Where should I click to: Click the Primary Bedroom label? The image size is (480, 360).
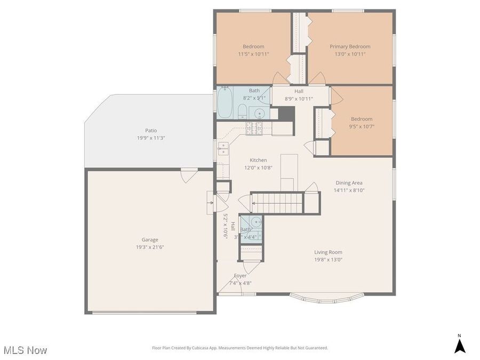(x=349, y=46)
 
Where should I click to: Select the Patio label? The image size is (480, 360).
(x=151, y=130)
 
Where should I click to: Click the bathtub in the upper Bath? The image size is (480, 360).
(x=225, y=103)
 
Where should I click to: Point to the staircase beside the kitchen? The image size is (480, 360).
(x=277, y=203)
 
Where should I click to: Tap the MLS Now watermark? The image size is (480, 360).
(x=25, y=350)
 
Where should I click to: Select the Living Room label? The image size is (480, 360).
(x=328, y=252)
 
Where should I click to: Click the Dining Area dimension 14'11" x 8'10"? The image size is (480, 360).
(x=349, y=190)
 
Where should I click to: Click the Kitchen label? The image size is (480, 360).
(x=258, y=160)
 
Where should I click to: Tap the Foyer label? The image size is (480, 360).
(x=240, y=276)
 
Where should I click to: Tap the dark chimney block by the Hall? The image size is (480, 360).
(x=286, y=114)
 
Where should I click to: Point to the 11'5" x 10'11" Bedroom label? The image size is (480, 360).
(x=253, y=46)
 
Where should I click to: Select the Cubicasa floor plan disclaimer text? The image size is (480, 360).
(x=239, y=348)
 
